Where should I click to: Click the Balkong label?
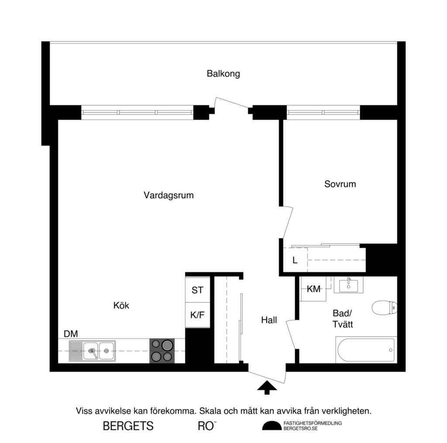pos(223,74)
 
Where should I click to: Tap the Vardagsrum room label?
pos(168,196)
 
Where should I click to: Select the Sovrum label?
pos(340,184)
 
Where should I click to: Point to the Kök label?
pos(121,306)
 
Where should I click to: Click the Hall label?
pos(269,320)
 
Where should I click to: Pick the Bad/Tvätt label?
pos(342,319)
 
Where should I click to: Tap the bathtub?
pos(366,350)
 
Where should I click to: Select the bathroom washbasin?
pos(348,285)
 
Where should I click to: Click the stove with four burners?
pos(162,351)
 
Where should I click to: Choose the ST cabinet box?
pos(197,290)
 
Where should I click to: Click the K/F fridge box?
pos(197,314)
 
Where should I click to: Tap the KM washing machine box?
pos(313,289)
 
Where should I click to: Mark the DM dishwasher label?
pos(71,334)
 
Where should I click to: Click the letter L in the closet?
pos(295,261)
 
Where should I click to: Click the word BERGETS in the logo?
pos(128,426)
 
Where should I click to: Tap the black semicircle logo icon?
pos(272,426)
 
